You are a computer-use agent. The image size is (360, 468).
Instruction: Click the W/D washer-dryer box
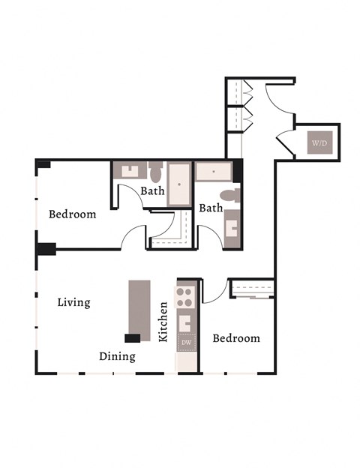(319, 142)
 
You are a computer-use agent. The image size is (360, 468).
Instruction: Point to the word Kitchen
(163, 322)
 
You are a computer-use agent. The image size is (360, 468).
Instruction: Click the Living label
(73, 303)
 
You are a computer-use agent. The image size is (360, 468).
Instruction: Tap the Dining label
(117, 356)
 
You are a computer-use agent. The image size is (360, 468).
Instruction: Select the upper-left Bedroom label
(72, 214)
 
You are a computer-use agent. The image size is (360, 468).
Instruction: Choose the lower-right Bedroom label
(236, 338)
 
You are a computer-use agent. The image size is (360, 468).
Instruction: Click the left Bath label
(152, 191)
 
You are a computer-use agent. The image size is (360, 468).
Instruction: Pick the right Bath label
(211, 208)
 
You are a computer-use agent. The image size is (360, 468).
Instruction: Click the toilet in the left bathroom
(156, 173)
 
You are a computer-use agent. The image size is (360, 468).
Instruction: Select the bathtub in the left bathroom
(179, 183)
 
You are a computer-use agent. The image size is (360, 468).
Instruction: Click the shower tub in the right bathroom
(214, 172)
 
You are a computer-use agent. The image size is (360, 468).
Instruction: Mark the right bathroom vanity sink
(232, 226)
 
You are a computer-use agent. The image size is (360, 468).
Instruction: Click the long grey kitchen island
(139, 307)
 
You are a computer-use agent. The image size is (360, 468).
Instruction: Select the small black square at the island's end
(133, 338)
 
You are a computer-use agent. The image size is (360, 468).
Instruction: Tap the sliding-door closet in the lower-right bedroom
(253, 288)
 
